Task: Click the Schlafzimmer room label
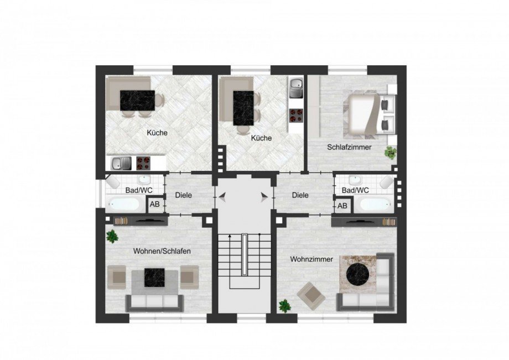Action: coord(349,148)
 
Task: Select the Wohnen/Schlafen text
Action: coord(162,251)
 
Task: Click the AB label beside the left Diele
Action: coord(154,205)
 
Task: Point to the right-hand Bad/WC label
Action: coord(355,190)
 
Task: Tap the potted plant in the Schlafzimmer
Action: coord(391,152)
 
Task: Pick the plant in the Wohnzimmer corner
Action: coord(285,306)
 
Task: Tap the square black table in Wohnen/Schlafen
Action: coord(154,277)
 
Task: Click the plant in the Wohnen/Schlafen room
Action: coord(112,237)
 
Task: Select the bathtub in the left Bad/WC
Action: coord(124,204)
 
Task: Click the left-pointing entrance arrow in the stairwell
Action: coord(222,195)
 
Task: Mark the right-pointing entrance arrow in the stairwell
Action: coord(264,195)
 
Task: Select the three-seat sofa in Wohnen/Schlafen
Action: coord(155,301)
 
